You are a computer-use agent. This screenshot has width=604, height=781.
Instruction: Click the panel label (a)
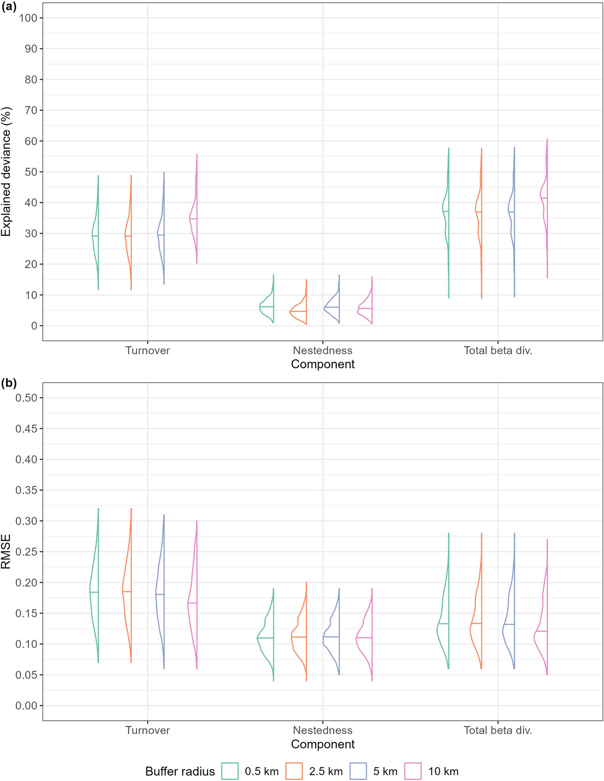point(8,7)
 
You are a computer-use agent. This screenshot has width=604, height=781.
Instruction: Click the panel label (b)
point(8,383)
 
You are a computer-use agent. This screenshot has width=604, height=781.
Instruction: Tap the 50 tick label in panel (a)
point(31,172)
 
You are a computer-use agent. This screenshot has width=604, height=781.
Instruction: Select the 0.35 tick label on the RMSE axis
point(26,490)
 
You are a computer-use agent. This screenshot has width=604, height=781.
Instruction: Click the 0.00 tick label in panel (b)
point(26,706)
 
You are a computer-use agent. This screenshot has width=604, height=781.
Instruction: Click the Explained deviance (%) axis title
point(6,171)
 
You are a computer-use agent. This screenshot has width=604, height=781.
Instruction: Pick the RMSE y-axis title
point(6,551)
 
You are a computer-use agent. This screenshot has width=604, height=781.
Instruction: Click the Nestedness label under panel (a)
point(323,351)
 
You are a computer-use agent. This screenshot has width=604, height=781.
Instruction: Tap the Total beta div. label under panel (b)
point(498,730)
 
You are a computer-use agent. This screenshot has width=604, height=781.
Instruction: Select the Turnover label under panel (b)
point(148,730)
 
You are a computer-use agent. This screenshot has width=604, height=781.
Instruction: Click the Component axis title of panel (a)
point(323,364)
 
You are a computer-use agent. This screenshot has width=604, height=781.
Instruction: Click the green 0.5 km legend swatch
point(230,771)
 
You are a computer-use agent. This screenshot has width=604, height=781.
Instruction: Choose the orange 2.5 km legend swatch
point(294,771)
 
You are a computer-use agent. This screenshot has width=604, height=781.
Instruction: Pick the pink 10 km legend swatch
point(413,771)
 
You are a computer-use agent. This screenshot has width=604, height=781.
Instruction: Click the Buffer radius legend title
point(180,771)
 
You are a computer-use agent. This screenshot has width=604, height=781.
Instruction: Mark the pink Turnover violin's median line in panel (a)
point(193,219)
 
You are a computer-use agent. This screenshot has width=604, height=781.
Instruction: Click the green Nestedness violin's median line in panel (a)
point(267,307)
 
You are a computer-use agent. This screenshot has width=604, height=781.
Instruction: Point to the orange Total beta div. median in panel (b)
point(476,623)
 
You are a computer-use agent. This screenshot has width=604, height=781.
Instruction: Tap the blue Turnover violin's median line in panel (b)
point(160,594)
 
